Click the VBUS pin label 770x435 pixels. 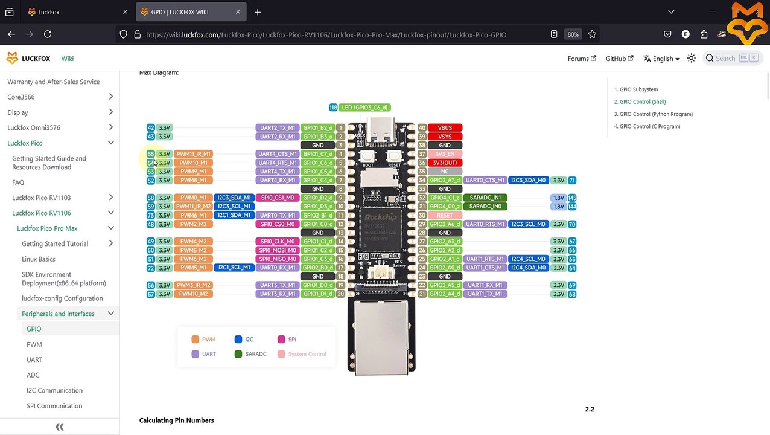coord(445,127)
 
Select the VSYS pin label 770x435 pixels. coord(445,137)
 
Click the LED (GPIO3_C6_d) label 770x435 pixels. coord(364,108)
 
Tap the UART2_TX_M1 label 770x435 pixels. coord(278,128)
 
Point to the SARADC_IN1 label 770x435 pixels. coord(485,198)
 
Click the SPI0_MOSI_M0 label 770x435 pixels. coord(278,250)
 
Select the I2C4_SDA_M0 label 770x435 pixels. coord(529,268)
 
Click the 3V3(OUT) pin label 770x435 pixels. coord(445,163)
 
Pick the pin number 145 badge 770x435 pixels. coord(572,198)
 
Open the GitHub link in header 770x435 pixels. coord(619,59)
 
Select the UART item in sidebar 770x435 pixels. coord(34,359)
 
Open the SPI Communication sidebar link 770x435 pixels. coord(54,406)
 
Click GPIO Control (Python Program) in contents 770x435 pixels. coord(656,114)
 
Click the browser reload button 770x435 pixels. coord(48,34)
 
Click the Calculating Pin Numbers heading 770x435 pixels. coord(176,420)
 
